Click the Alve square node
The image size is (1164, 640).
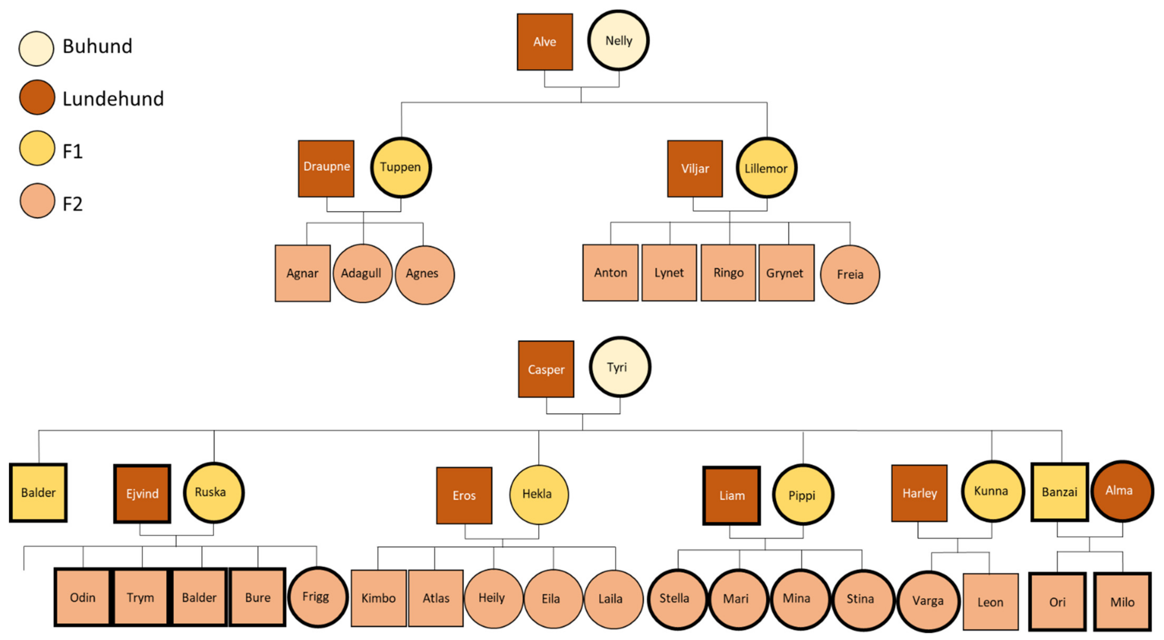pos(545,42)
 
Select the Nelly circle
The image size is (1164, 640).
pos(618,41)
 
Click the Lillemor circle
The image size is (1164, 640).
pos(766,168)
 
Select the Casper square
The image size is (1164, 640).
pos(546,369)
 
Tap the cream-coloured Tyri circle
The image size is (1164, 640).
pos(619,367)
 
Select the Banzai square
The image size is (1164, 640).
pos(1059,492)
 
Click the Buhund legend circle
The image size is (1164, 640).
pos(36,48)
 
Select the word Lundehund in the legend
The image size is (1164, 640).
pos(113,99)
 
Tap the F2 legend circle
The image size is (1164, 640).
pos(37,201)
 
